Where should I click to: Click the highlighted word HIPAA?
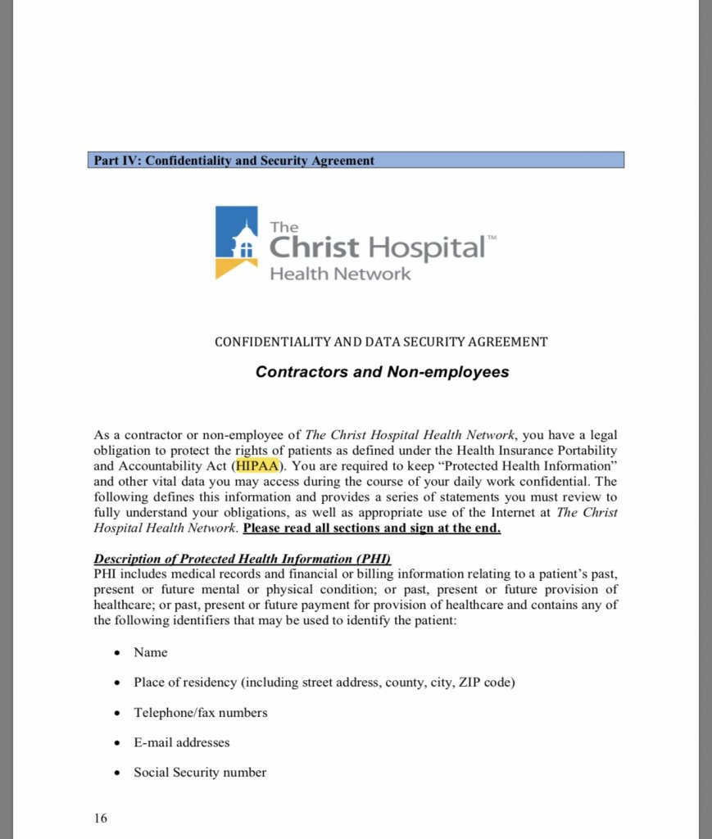coord(257,466)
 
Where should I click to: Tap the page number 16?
coord(100,818)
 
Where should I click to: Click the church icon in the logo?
coord(243,238)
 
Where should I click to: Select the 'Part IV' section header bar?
coord(356,161)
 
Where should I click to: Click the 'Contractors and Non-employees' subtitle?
coord(382,372)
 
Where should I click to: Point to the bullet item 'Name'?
coord(151,652)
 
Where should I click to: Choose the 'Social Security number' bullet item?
coord(200,772)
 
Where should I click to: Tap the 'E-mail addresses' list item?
coord(182,742)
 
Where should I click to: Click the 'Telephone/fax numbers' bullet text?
coord(201,712)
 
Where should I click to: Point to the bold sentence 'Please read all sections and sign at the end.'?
coord(372,528)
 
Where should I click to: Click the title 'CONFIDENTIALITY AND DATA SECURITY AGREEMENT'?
coord(381,342)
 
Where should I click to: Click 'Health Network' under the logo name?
coord(341,274)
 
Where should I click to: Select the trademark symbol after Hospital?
coord(492,238)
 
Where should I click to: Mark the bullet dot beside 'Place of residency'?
coord(117,683)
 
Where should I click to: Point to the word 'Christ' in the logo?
coord(315,247)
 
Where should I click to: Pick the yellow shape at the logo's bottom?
coord(233,268)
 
